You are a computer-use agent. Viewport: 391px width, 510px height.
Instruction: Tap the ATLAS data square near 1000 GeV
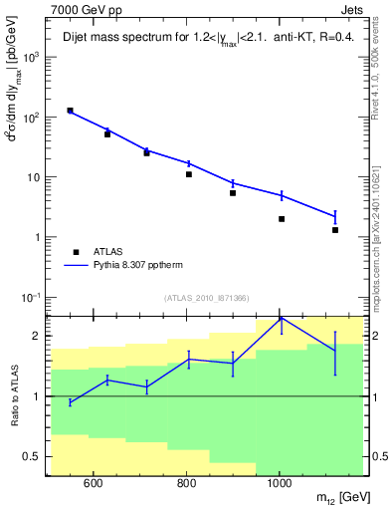coord(282,219)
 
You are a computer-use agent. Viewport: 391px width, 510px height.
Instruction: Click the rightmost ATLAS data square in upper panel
coord(335,230)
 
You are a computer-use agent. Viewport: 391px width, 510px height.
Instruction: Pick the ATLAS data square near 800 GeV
coord(188,174)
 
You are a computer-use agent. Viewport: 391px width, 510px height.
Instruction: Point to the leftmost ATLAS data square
coord(70,111)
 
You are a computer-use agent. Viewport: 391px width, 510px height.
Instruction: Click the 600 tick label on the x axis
coord(93,485)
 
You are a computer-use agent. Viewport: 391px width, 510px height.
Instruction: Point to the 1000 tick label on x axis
coord(280,485)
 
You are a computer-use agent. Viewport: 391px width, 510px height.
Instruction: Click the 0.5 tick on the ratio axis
coord(32,457)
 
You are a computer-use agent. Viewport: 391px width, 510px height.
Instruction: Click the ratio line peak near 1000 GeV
coord(282,318)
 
